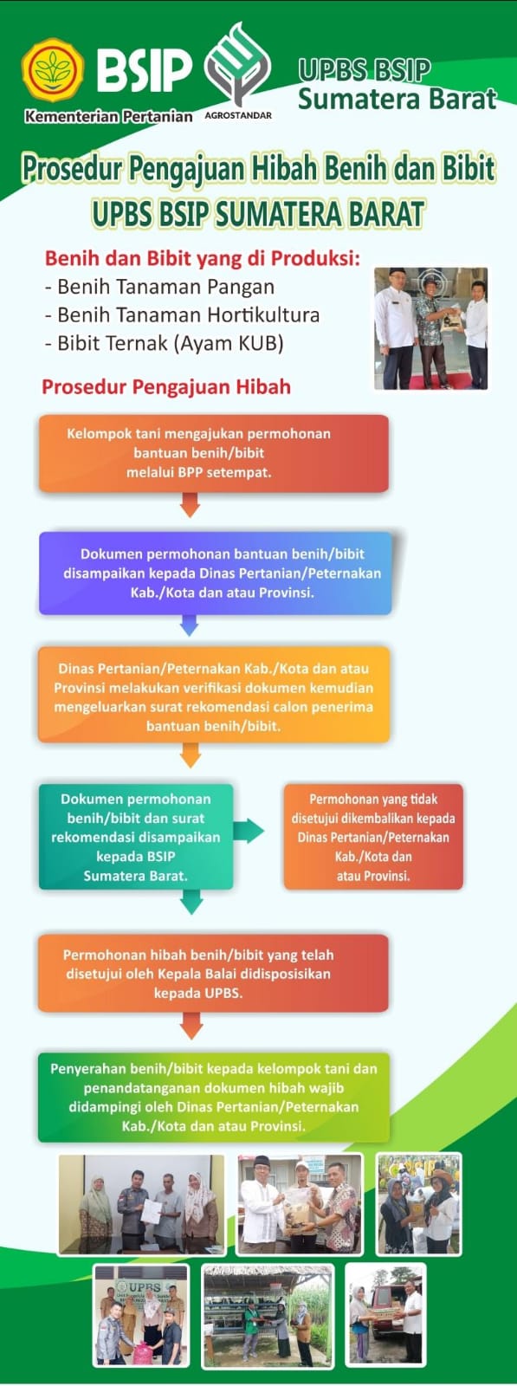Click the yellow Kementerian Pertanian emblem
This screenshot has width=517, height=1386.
tap(53, 70)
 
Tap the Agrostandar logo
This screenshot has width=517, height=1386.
tap(237, 70)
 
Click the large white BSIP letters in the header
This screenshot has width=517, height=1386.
tap(144, 70)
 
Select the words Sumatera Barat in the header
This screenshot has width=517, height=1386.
tap(397, 99)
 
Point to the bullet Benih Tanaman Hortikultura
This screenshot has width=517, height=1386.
tap(183, 315)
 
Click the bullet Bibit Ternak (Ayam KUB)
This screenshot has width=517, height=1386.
tap(165, 343)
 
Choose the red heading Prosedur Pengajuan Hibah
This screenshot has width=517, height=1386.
tap(166, 386)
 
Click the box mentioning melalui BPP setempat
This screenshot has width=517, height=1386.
tap(214, 454)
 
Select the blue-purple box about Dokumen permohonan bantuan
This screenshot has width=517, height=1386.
tap(216, 573)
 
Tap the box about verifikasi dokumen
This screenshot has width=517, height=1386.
tap(214, 695)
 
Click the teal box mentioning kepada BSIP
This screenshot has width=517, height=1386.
tap(136, 837)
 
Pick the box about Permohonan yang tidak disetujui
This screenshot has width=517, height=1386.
tap(373, 837)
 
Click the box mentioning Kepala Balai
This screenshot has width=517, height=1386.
tap(213, 974)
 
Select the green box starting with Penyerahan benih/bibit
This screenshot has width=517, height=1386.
tap(214, 1097)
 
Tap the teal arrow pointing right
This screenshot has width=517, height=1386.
tap(249, 831)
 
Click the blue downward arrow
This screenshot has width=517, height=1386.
tap(190, 625)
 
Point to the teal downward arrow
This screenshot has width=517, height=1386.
tap(191, 902)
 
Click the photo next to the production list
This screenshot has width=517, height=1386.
tap(431, 328)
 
